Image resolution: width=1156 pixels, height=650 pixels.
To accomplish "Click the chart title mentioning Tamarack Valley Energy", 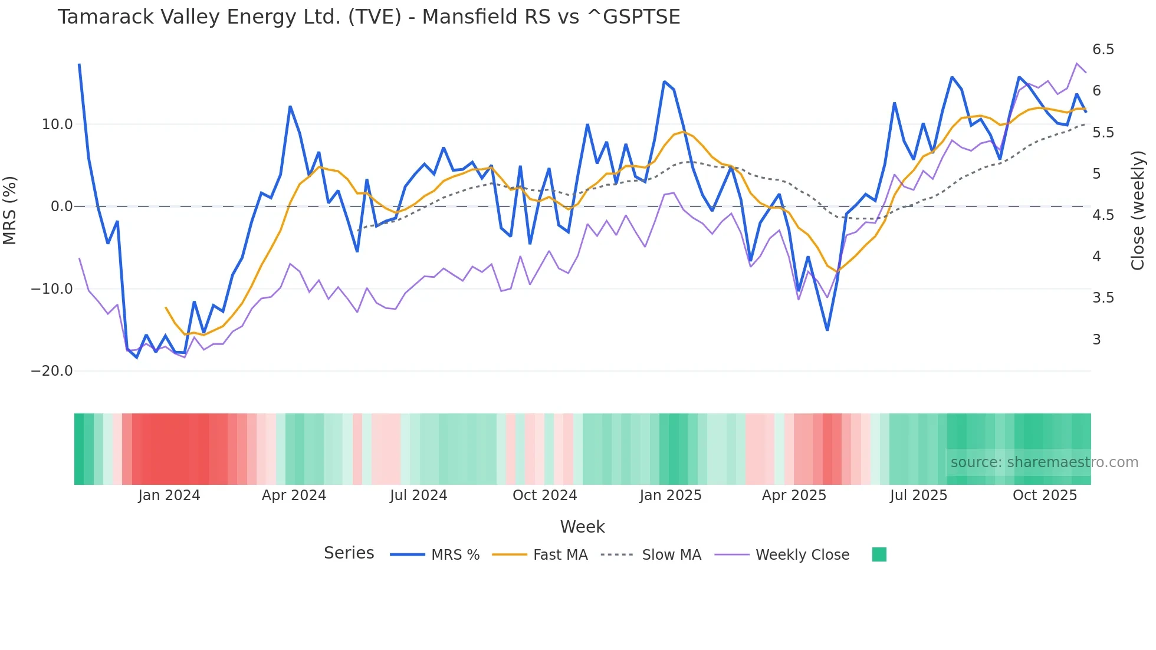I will point(369,17).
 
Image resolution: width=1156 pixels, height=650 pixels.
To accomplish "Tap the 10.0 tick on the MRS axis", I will point(57,124).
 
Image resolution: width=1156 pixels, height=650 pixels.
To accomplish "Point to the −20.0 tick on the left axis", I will point(52,371).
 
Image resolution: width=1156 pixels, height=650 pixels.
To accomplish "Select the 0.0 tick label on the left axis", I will point(61,206).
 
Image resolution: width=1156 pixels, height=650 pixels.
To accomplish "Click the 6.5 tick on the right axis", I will point(1103,50).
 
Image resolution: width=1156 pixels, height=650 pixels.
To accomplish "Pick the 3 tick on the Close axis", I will point(1096,340).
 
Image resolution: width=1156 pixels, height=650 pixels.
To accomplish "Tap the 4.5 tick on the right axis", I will point(1103,215).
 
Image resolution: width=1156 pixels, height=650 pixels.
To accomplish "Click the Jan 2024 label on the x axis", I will point(169,495).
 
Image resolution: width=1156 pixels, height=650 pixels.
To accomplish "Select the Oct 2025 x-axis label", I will point(1045,495).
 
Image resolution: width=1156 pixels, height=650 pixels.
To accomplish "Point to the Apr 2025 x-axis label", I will point(794,495).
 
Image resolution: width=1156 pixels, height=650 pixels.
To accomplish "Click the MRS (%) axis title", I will point(10,210).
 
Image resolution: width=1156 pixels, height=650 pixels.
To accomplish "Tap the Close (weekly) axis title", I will point(1138,210).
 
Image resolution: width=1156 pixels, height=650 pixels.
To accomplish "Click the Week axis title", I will point(582,527).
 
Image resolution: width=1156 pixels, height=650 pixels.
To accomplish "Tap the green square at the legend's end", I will point(879,554).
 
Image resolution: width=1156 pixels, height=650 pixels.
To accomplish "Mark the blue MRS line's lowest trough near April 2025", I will point(827,330).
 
